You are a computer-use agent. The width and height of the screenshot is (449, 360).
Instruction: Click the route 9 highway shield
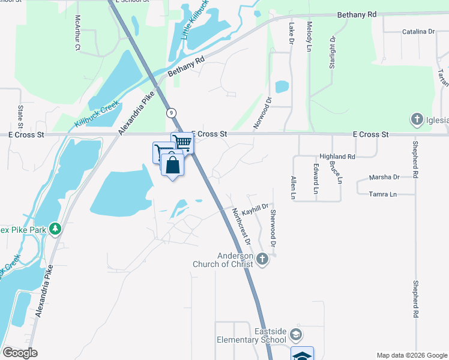pos(172,112)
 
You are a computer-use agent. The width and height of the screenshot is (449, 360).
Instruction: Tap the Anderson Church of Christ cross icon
pos(261,259)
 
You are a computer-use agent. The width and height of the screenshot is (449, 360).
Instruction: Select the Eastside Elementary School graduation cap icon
pos(295,334)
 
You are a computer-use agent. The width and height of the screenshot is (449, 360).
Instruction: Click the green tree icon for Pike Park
pos(55,229)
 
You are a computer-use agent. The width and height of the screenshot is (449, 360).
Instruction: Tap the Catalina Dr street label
pos(418,31)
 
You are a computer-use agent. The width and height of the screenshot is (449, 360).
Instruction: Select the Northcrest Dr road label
pos(241,226)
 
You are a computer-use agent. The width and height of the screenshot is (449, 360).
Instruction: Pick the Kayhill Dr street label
pos(255,206)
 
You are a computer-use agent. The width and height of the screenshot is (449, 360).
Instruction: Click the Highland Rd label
pos(337,156)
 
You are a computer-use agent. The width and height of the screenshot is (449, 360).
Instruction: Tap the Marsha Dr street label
pos(384,177)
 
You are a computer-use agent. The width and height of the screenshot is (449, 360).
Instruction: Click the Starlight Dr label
pos(331,52)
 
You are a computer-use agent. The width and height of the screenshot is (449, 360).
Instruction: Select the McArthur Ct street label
pos(77,33)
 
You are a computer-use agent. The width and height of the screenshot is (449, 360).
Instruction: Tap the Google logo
pos(20,353)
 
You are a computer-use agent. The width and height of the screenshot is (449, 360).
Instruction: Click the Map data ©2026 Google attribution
pos(411,355)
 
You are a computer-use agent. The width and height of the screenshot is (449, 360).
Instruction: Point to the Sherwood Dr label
pos(273,229)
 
